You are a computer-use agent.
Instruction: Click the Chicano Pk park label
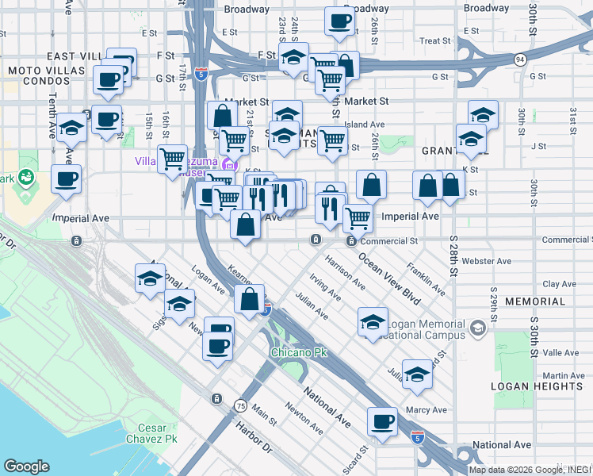click(x=298, y=352)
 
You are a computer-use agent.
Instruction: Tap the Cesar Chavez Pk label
click(x=151, y=432)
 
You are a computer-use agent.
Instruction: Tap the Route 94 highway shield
click(x=519, y=59)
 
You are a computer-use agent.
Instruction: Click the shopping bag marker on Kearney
click(x=250, y=300)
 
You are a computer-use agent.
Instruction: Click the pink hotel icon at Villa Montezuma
click(x=229, y=165)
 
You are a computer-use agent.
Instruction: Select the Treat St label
click(x=434, y=40)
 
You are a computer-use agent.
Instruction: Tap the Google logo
click(x=27, y=466)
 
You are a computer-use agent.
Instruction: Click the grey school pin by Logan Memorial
click(x=477, y=328)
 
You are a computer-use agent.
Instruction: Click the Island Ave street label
click(x=365, y=125)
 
